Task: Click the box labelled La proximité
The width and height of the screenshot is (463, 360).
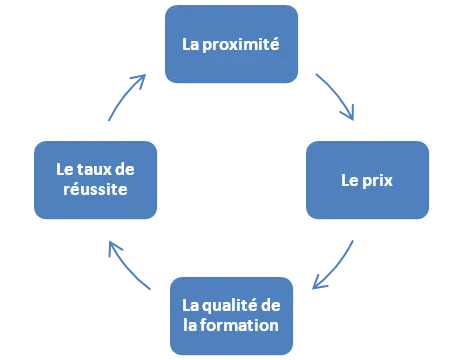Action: [x=230, y=44]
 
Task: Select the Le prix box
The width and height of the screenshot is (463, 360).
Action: [x=366, y=182]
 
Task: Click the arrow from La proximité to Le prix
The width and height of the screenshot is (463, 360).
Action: [x=335, y=95]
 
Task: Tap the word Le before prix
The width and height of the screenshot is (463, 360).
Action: [x=349, y=183]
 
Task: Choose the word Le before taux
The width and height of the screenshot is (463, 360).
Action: [x=63, y=171]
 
